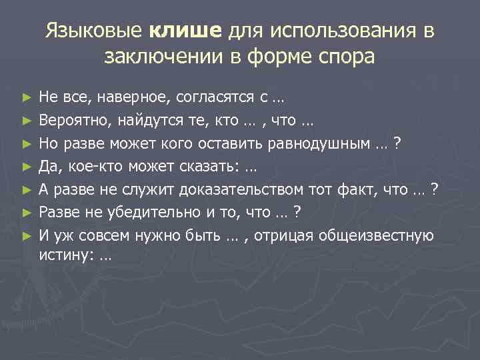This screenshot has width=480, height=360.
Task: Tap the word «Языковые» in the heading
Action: point(93,31)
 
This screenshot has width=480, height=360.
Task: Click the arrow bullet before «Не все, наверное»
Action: point(26,98)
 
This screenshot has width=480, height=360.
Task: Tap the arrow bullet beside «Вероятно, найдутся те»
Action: point(26,121)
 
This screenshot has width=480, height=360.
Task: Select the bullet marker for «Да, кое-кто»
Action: point(26,167)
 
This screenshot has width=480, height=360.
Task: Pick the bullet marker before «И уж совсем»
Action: point(26,236)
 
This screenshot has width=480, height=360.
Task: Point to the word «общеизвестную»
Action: point(377,235)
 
